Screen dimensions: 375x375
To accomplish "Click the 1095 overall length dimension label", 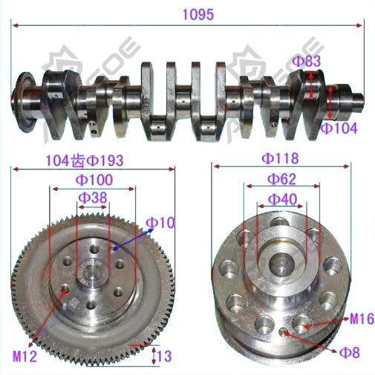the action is (198, 15).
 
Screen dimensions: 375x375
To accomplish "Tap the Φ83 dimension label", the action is (307, 61).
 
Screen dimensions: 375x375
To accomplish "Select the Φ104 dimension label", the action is (339, 128).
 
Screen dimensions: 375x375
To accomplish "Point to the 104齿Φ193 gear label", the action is (85, 160).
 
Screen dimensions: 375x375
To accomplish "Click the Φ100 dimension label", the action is (94, 180).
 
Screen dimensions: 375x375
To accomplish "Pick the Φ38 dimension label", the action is (93, 198).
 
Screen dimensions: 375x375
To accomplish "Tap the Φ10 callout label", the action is (160, 223).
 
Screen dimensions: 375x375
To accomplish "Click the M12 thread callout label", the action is (25, 356).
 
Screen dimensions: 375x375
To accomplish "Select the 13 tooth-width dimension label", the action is (164, 356).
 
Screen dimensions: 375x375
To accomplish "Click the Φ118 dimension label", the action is (280, 158).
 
